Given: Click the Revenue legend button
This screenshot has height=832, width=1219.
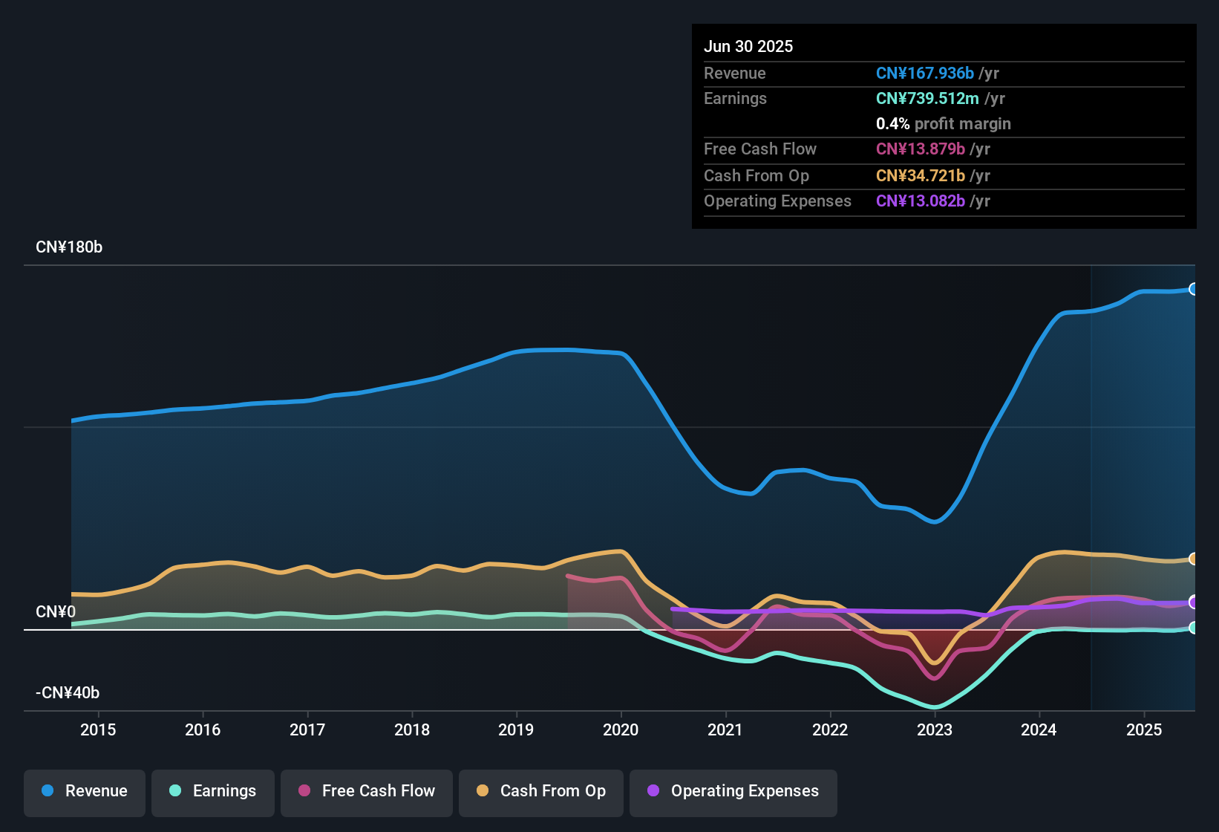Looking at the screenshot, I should coord(85,791).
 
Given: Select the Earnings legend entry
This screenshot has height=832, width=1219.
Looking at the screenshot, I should coord(213,791).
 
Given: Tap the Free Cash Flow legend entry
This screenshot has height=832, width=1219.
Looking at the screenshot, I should coord(367,791).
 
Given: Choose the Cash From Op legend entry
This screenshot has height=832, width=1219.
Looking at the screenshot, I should coord(541,791).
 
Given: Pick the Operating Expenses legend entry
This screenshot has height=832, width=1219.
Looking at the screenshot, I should coord(733,791).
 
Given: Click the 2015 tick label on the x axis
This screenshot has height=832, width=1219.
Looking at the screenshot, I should coord(98,729).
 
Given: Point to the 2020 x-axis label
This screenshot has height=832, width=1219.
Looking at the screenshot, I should coord(621,729).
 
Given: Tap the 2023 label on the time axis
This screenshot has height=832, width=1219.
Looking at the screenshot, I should coord(935,729).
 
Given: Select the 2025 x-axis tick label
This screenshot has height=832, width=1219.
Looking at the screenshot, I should coord(1144,729).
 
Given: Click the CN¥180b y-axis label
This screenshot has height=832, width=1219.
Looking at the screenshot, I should coord(69,247).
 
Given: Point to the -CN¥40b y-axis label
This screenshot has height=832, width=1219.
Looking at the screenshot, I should coord(68,693).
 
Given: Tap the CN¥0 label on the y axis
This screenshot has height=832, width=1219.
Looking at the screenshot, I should coord(56,612).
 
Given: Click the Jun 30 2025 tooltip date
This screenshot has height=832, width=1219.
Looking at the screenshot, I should coord(748,47).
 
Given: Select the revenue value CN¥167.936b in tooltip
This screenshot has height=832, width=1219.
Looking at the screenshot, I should coord(925,74).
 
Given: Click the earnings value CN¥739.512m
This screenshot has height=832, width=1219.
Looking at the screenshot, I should coord(927,99).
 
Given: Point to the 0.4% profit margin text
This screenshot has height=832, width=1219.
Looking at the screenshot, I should coord(943,124).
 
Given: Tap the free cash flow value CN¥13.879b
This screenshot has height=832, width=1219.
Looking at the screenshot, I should coord(921,149).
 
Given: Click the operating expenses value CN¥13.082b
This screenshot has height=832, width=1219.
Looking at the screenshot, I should coord(921,201).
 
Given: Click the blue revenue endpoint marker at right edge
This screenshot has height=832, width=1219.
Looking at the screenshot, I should coord(1193,289).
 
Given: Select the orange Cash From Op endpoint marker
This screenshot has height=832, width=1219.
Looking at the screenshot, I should coord(1193,559).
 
